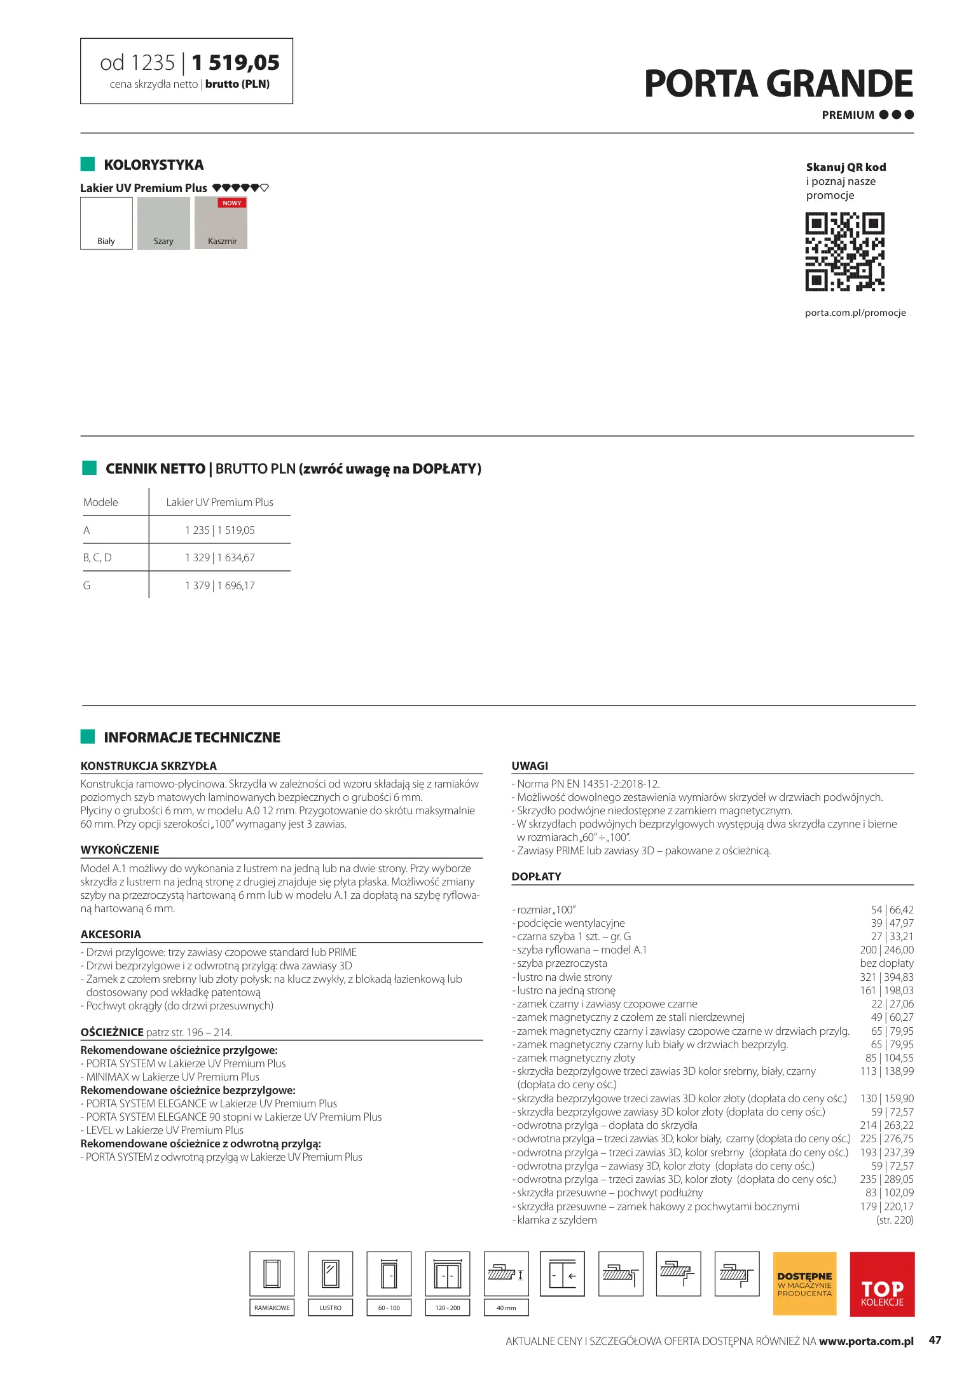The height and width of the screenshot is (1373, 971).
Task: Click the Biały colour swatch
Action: [106, 223]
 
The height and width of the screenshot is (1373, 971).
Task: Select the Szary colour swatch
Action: [163, 223]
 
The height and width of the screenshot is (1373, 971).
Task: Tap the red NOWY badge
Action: [231, 203]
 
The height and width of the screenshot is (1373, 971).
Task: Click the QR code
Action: [844, 252]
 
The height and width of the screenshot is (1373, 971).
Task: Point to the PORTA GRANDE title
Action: [778, 85]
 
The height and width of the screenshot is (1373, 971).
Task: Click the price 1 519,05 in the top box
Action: [235, 63]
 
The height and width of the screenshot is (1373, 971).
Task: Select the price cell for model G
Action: [220, 585]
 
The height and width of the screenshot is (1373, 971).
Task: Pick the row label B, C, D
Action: [97, 557]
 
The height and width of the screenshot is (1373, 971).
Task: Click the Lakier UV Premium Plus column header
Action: [219, 502]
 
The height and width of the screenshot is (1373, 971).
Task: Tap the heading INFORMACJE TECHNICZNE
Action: [192, 737]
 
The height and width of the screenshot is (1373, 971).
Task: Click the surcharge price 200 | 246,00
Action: [886, 950]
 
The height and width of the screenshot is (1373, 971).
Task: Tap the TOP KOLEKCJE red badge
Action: [882, 1283]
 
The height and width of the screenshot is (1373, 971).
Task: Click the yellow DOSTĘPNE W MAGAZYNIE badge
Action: [804, 1283]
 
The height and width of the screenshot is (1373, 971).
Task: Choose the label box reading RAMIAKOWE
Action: [272, 1308]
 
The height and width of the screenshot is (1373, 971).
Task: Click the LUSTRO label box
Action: [330, 1308]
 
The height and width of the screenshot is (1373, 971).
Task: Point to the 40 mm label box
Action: [506, 1308]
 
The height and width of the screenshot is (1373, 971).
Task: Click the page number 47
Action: [935, 1340]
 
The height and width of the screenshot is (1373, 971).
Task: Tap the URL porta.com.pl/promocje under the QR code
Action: [855, 313]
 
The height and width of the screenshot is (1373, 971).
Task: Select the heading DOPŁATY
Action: [536, 876]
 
